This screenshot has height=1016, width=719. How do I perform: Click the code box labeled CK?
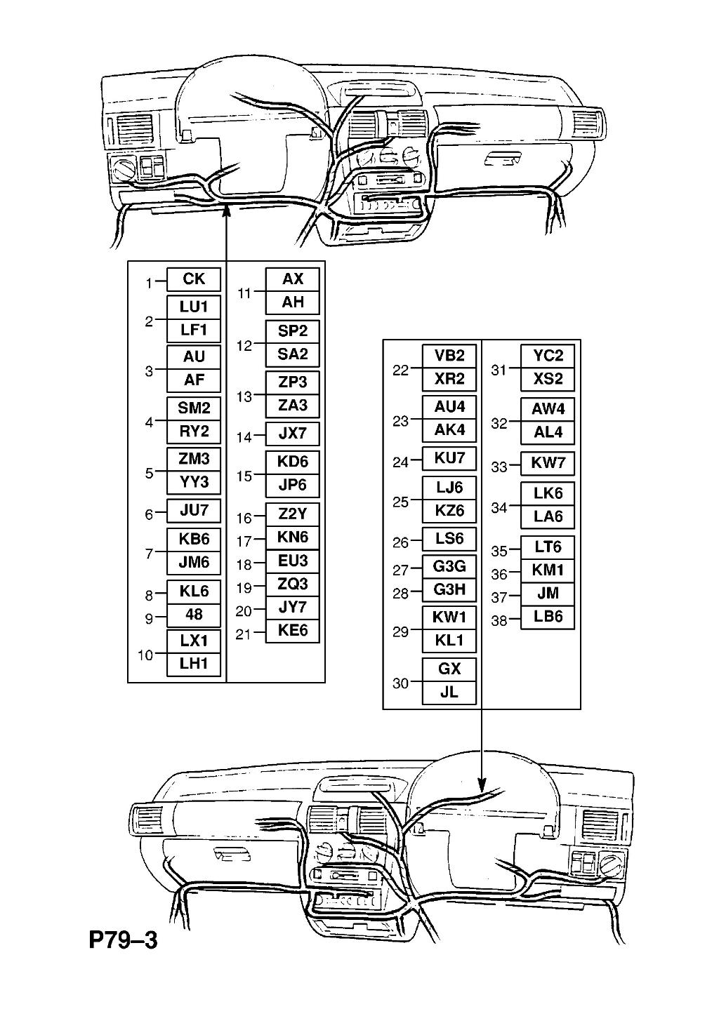[194, 279]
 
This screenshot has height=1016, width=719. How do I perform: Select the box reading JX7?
[292, 434]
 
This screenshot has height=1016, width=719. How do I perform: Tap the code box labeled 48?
[194, 615]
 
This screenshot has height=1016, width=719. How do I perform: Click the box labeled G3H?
[449, 590]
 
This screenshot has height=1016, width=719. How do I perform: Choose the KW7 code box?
[548, 464]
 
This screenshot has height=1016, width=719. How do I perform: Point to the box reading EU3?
[292, 561]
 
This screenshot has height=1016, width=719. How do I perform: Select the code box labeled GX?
[449, 669]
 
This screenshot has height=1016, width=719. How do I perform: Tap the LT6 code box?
[548, 547]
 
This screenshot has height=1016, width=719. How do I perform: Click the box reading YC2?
[548, 356]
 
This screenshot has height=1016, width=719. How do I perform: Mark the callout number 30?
[400, 683]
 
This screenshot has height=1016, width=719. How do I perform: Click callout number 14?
[244, 437]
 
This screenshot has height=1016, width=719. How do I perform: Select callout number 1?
[148, 283]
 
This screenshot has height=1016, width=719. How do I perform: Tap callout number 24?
[400, 463]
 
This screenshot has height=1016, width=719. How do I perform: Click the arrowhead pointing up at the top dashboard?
[225, 210]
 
